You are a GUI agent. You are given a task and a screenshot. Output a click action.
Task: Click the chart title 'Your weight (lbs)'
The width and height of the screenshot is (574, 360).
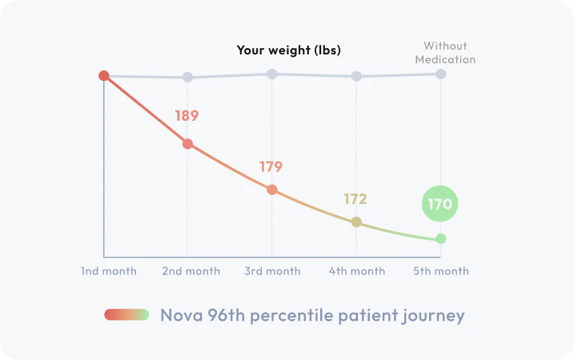288,50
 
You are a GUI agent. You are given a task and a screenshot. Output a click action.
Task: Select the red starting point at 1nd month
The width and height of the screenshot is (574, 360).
104,76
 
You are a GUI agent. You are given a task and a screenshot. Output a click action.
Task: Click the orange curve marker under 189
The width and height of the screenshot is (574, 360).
187,144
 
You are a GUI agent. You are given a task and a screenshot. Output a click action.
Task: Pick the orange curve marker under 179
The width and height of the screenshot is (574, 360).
271,190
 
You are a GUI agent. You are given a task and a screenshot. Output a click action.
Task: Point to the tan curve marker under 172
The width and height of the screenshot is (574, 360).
356,222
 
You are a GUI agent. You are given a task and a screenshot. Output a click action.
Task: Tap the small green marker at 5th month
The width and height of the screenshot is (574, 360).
441,238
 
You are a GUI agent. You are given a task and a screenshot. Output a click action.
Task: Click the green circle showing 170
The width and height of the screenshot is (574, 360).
440,204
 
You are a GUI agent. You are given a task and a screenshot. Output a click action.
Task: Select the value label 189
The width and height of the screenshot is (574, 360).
187,116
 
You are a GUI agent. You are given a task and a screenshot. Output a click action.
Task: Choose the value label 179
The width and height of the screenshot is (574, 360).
271,166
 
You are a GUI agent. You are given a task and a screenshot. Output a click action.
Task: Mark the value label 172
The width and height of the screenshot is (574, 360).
355,198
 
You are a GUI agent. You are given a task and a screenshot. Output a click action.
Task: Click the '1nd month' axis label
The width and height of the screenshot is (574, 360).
109,271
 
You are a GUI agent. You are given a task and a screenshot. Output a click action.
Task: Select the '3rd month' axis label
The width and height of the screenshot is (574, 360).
272,271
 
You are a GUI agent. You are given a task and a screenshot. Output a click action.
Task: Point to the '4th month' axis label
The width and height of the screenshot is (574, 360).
357,271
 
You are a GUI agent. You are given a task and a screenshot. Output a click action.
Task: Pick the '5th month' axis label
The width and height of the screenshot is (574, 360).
441,271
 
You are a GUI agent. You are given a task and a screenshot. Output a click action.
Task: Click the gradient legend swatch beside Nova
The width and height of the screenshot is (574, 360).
126,315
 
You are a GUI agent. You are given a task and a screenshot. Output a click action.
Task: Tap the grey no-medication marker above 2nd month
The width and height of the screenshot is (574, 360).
187,78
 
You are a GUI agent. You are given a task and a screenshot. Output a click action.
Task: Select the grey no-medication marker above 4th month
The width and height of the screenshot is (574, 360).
356,76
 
